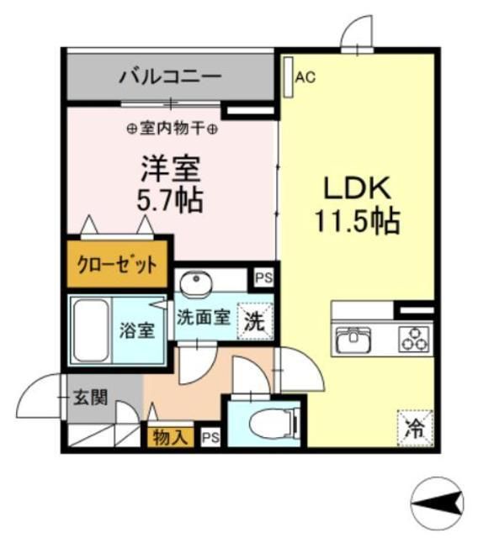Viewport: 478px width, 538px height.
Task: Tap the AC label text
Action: [305, 78]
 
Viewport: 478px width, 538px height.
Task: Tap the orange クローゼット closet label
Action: [118, 266]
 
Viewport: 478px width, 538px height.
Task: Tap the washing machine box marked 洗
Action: [254, 319]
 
